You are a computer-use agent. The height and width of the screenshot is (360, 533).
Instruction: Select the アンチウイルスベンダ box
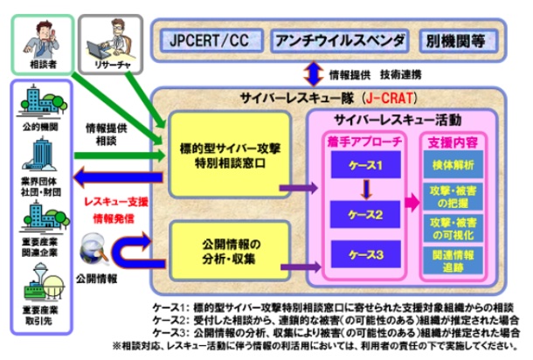pyautogui.click(x=340, y=40)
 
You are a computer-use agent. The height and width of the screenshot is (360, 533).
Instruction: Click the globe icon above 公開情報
pyautogui.click(x=90, y=247)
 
